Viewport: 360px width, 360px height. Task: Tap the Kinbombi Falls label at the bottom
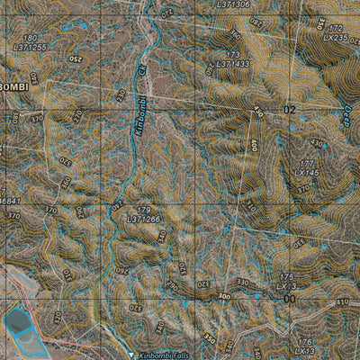(166, 355)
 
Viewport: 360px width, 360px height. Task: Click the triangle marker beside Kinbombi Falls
(132, 355)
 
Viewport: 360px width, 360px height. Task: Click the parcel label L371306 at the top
(233, 4)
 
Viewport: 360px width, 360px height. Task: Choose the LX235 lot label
(334, 39)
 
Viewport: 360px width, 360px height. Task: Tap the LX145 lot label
(306, 172)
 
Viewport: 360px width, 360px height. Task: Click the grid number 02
(289, 109)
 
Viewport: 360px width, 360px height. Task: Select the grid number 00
(289, 298)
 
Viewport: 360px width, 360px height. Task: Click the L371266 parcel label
(143, 219)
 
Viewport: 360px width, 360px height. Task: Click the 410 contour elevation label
(342, 303)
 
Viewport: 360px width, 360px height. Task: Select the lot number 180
(30, 38)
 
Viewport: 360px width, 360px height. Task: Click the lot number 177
(308, 164)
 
